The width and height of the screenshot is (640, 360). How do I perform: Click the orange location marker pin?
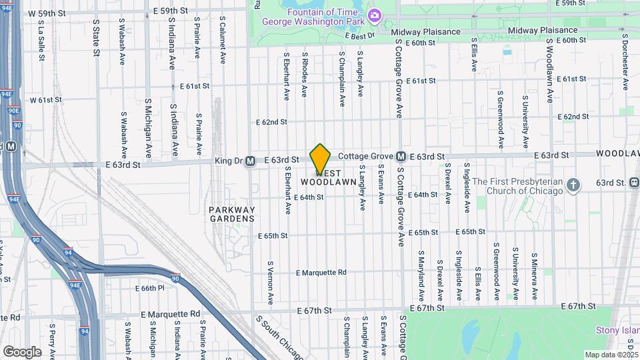(x=320, y=159)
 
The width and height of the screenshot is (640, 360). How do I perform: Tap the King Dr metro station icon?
(x=250, y=161)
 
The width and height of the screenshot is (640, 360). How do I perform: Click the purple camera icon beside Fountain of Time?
(x=375, y=15)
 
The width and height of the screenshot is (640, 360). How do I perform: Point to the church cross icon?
(x=573, y=184)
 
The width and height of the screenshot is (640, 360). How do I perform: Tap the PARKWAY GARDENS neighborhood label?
(x=231, y=214)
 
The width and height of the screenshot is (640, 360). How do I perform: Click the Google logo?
(x=22, y=351)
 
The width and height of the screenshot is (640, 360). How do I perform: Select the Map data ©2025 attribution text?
(x=611, y=355)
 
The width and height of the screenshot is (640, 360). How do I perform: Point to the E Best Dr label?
(x=360, y=36)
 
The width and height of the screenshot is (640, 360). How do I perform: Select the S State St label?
(x=96, y=39)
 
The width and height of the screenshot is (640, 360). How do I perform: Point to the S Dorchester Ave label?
(x=625, y=67)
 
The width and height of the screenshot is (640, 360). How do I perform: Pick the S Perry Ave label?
(x=51, y=340)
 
